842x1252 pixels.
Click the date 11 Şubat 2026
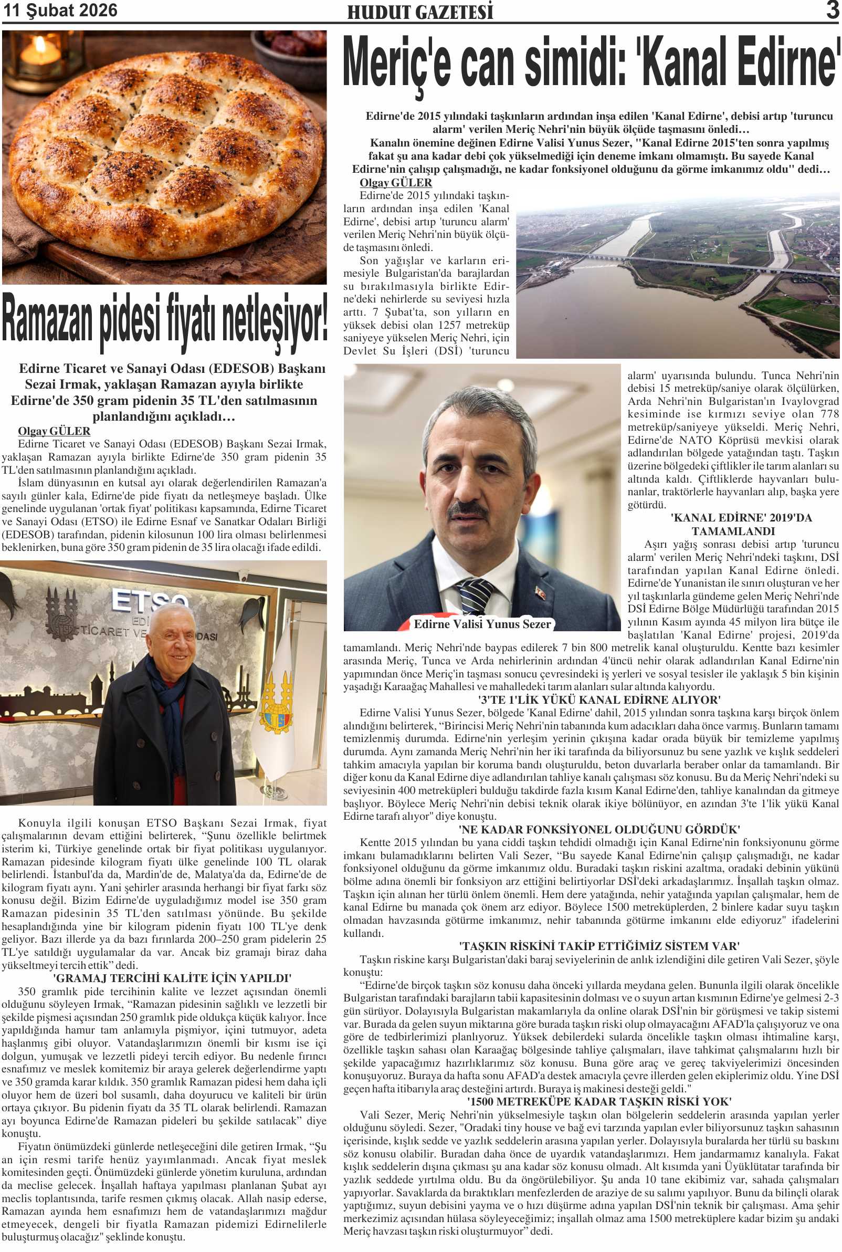[60, 10]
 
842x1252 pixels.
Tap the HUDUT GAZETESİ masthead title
[419, 12]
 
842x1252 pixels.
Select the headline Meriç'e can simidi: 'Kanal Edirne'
[591, 64]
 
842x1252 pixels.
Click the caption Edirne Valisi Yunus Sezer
[482, 623]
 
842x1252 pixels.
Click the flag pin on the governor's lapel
[540, 592]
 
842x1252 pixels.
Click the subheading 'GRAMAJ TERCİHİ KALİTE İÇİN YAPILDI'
[172, 978]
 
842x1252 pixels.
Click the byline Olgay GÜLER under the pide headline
[54, 431]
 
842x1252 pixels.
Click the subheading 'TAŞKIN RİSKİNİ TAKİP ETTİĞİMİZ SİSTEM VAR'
[599, 946]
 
